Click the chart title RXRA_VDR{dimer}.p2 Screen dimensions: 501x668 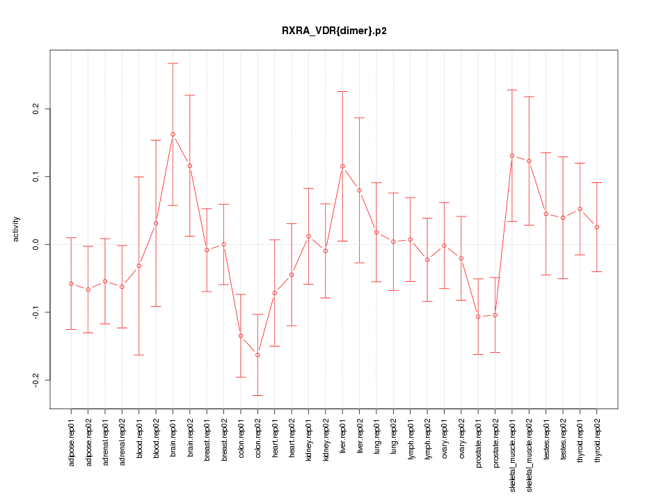coord(334,31)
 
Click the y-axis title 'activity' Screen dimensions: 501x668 coord(17,229)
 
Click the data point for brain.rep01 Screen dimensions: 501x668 coord(173,134)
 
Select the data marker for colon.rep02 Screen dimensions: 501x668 coord(257,355)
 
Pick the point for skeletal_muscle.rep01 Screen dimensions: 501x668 coord(512,156)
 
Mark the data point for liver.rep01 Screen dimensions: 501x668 coord(342,166)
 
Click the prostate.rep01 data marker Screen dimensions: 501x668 coord(478,317)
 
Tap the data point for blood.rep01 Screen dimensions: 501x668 coord(139,266)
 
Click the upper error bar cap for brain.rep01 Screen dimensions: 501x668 coord(173,63)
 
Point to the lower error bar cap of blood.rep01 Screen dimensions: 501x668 coord(139,355)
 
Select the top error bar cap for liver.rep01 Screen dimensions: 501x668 coord(342,91)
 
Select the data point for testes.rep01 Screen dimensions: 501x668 coord(546,214)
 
